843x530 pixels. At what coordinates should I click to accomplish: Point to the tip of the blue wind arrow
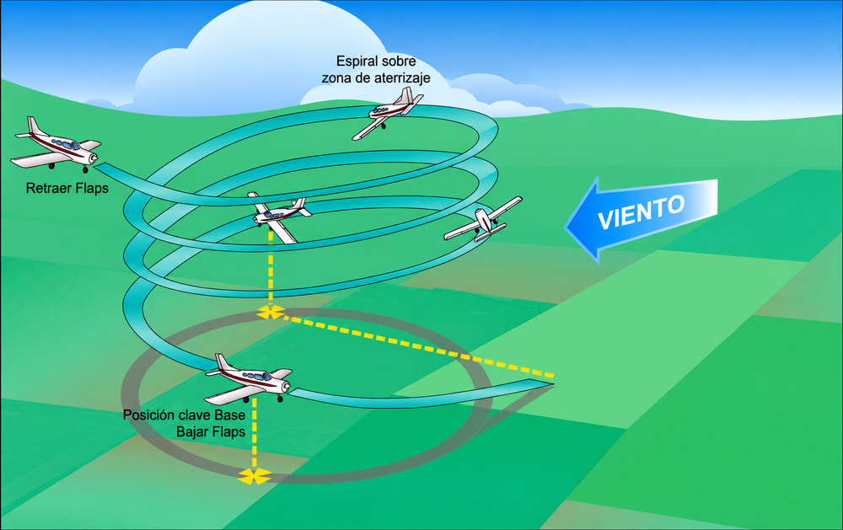point(565,227)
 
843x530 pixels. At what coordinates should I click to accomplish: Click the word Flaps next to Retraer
point(92,188)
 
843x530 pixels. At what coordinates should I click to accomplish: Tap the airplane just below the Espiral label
point(387,112)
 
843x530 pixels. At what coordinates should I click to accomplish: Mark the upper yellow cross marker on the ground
point(271,312)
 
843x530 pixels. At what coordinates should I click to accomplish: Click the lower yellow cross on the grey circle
point(255,476)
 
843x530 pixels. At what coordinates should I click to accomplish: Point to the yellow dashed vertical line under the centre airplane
point(271,268)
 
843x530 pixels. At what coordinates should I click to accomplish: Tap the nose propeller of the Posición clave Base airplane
point(287,386)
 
